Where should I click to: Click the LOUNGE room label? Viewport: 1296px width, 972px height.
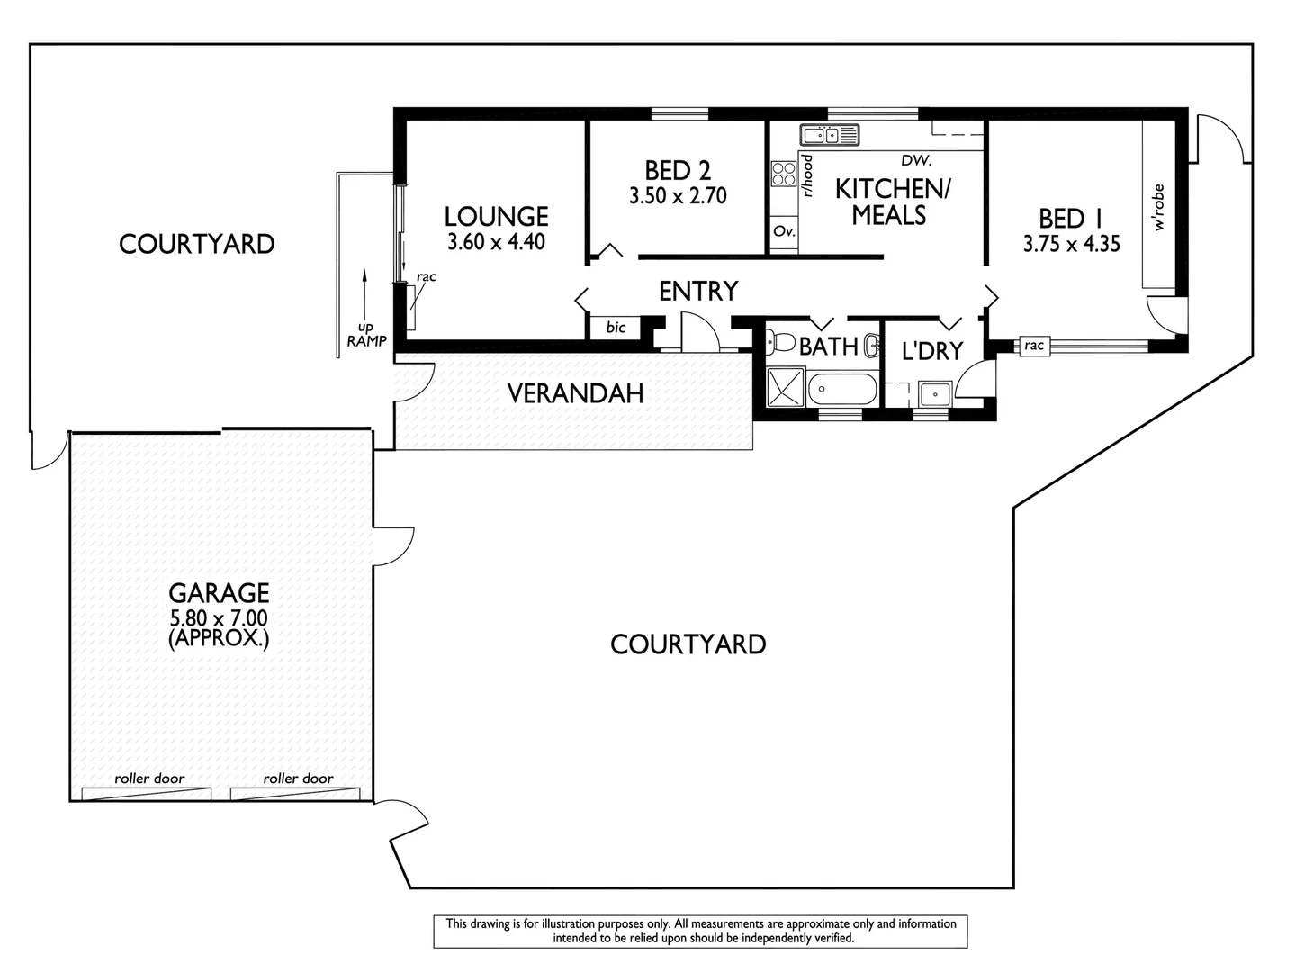click(x=496, y=216)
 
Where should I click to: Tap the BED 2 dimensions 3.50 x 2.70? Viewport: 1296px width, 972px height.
click(x=678, y=196)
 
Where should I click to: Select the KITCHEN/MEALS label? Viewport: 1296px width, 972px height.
click(x=892, y=202)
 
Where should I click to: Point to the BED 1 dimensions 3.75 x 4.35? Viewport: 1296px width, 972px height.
click(x=1071, y=244)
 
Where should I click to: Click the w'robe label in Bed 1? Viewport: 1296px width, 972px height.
click(x=1158, y=208)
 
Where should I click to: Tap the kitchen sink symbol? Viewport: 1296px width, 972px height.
click(x=830, y=136)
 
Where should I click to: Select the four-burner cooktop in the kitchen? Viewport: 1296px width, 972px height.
click(x=783, y=174)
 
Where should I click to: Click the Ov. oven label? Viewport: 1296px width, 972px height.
click(x=784, y=231)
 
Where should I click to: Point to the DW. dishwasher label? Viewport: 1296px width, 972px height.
click(x=916, y=161)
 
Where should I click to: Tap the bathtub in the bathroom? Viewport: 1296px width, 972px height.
click(x=842, y=391)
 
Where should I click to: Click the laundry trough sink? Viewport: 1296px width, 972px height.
click(x=935, y=393)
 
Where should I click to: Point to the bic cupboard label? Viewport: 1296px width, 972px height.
click(x=616, y=328)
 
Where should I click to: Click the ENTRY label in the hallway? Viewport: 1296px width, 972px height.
click(x=698, y=291)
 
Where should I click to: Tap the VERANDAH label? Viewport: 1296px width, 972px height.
click(x=575, y=393)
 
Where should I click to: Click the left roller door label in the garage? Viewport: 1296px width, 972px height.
click(x=149, y=778)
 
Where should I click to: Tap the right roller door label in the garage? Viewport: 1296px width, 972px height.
click(x=298, y=778)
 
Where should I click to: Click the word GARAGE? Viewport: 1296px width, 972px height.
click(x=219, y=593)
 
